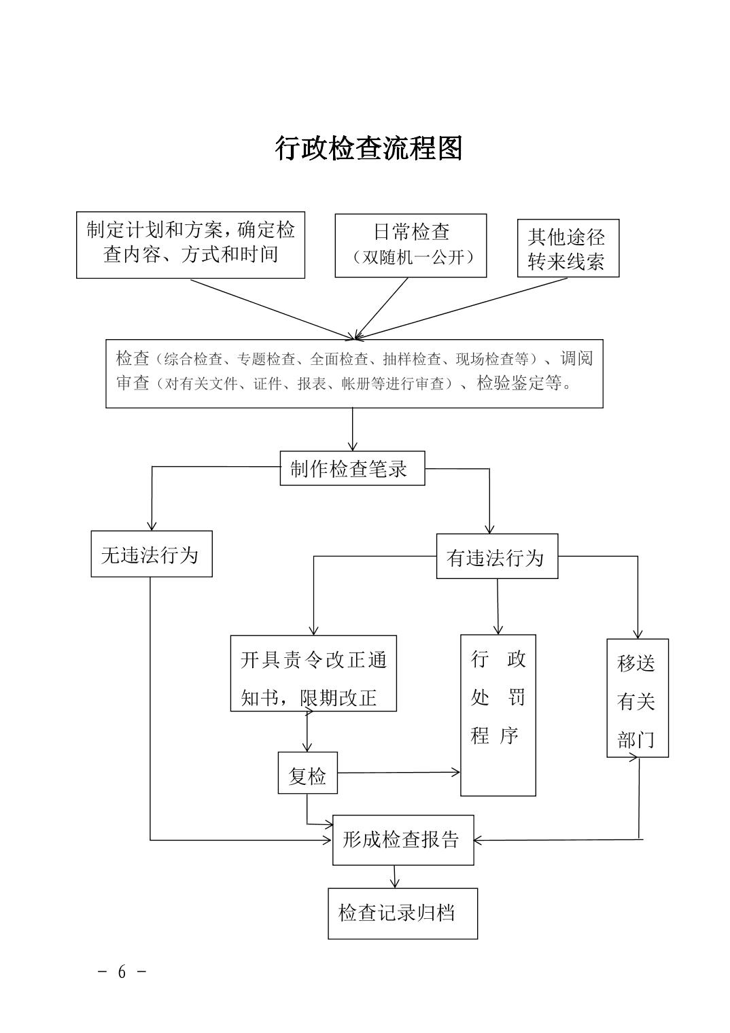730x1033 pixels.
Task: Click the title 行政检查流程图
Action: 368,147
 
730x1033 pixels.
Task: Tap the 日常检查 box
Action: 411,245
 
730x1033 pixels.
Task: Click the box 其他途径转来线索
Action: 568,248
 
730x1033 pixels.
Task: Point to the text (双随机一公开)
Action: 411,258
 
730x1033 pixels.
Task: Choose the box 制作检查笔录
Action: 352,468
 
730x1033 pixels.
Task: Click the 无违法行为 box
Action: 151,555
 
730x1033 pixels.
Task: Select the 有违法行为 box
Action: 496,557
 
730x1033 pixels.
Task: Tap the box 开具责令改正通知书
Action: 313,673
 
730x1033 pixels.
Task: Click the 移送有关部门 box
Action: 637,698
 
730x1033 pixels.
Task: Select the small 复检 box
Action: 307,773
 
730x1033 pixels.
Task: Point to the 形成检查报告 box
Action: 402,840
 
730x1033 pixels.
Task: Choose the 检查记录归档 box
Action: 402,913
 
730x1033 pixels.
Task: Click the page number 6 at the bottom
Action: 122,971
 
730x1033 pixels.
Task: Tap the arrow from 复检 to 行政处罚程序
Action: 399,772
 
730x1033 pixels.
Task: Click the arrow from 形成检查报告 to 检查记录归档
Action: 394,877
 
